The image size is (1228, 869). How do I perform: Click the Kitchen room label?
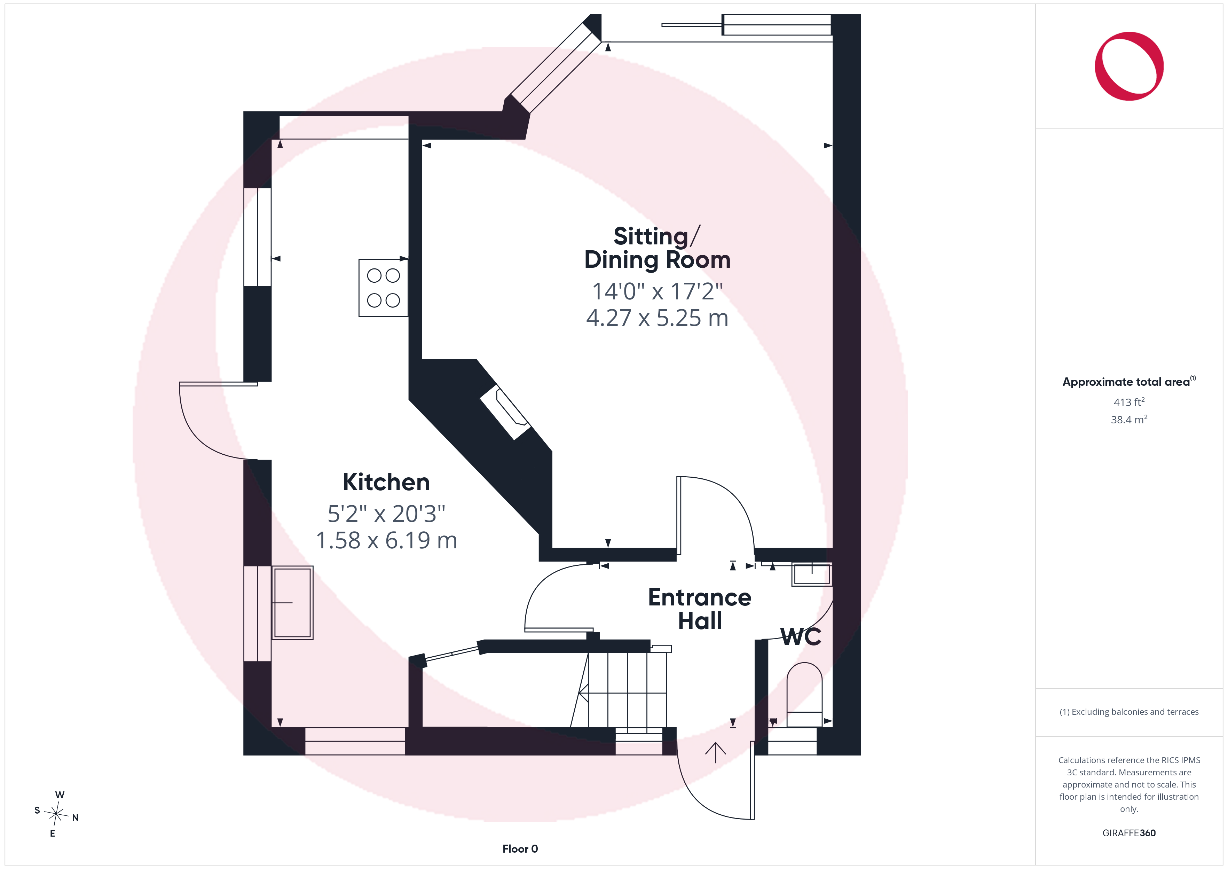(x=386, y=482)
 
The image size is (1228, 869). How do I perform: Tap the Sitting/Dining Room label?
(x=657, y=248)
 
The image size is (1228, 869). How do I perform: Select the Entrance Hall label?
(x=700, y=609)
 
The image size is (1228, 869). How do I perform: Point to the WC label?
(x=801, y=637)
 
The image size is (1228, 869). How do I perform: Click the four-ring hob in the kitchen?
(x=383, y=288)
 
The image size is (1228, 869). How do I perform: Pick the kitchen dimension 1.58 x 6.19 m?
(x=386, y=540)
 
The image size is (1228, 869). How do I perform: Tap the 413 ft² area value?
(x=1129, y=402)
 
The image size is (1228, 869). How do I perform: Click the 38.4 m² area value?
(x=1129, y=420)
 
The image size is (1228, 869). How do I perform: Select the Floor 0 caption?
(x=520, y=849)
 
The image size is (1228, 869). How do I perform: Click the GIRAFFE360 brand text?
(x=1129, y=833)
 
